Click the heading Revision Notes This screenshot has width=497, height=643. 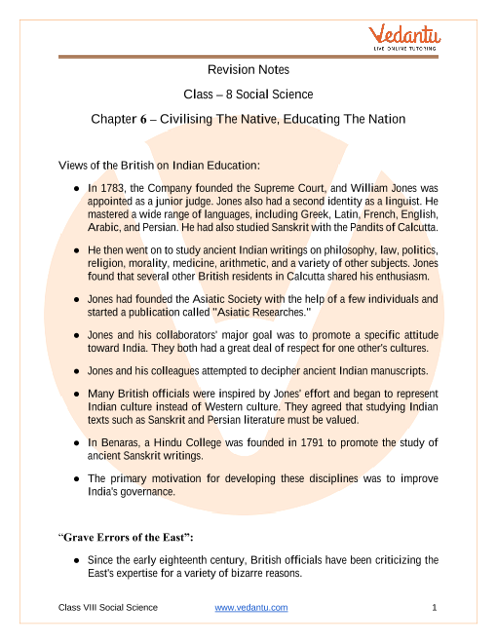coord(248,70)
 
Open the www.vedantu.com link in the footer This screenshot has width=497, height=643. coord(250,608)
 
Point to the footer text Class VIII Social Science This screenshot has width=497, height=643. coord(107,608)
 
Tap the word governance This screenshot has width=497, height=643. coord(147,492)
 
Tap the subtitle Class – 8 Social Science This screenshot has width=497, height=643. coord(248,95)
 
